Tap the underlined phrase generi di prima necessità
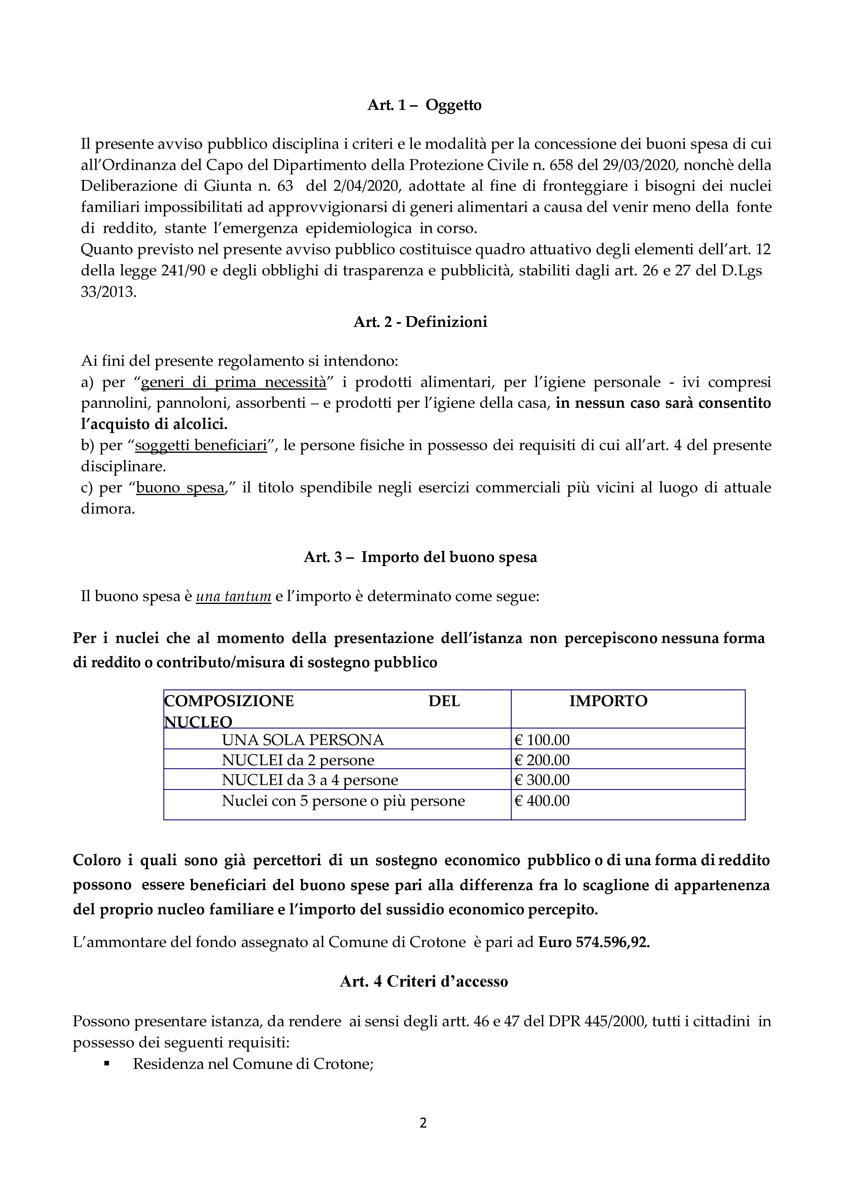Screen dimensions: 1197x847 (234, 382)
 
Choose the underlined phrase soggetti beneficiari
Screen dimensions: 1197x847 (201, 445)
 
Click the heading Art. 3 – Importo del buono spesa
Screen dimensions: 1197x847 (420, 557)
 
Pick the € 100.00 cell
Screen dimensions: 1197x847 (542, 740)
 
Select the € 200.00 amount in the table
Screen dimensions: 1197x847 (542, 760)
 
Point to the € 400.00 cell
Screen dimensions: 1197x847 (542, 801)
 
